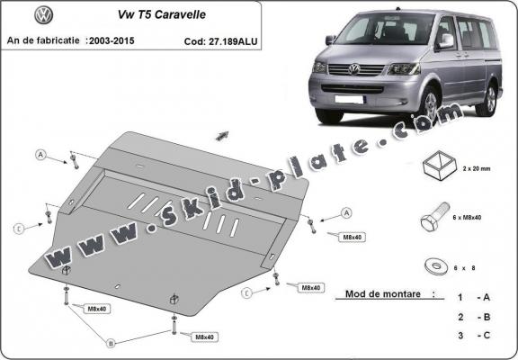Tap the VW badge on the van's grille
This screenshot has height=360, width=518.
pos(353,68)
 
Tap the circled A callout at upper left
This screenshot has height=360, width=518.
pos(40,156)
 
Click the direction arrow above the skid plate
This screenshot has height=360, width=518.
pos(221,134)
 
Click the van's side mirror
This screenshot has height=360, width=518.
pos(445,41)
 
